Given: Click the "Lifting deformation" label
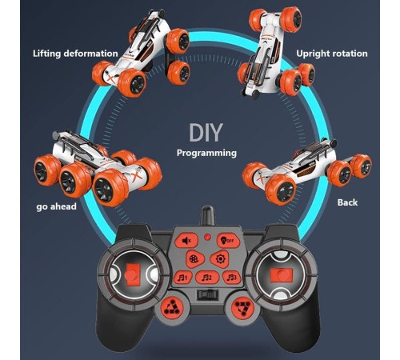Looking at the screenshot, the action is click(x=75, y=54).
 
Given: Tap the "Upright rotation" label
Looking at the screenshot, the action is click(x=332, y=54).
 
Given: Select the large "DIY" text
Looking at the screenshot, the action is click(x=206, y=132).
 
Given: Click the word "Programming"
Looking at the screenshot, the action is click(x=206, y=153).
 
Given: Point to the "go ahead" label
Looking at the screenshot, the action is click(x=56, y=206).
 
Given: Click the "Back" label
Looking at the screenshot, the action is click(x=347, y=202).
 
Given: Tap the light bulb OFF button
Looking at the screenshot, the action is click(x=228, y=241).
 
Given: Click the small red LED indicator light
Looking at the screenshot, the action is click(x=207, y=237).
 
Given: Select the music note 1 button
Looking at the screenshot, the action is click(x=183, y=278).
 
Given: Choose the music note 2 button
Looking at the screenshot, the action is click(x=207, y=278).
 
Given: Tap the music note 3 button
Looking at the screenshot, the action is click(x=231, y=278).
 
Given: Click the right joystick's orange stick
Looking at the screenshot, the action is click(x=282, y=275).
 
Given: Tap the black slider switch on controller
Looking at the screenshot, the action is click(x=207, y=294).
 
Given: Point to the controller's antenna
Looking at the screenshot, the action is click(x=207, y=215).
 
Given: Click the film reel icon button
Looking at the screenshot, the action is click(x=194, y=259).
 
